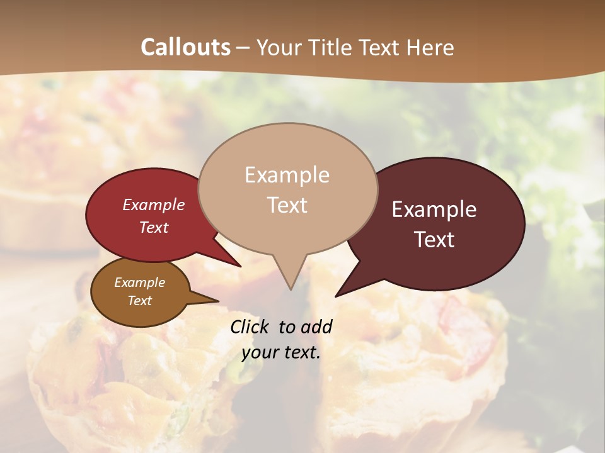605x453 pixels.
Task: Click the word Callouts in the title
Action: (185, 47)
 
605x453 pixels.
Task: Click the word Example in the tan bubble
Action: (287, 175)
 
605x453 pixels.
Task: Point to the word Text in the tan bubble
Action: (287, 205)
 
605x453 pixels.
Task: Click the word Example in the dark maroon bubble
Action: (434, 210)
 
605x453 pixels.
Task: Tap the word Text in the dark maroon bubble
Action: (434, 240)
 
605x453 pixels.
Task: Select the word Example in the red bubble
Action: (153, 205)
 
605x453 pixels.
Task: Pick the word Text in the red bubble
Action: (153, 227)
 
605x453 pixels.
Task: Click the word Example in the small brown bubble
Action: (139, 282)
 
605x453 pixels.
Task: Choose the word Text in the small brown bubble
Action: (139, 301)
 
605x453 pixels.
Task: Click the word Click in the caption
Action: (251, 327)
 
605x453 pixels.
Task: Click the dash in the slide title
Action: (244, 48)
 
